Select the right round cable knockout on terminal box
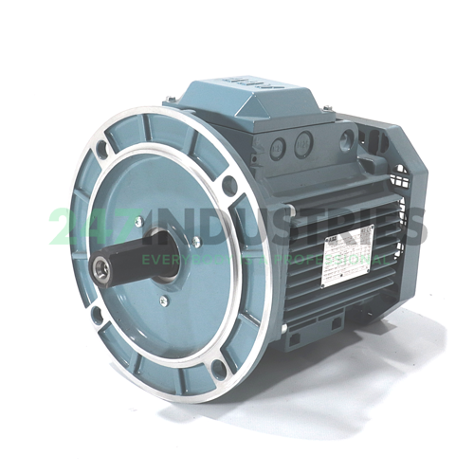[302, 144]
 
